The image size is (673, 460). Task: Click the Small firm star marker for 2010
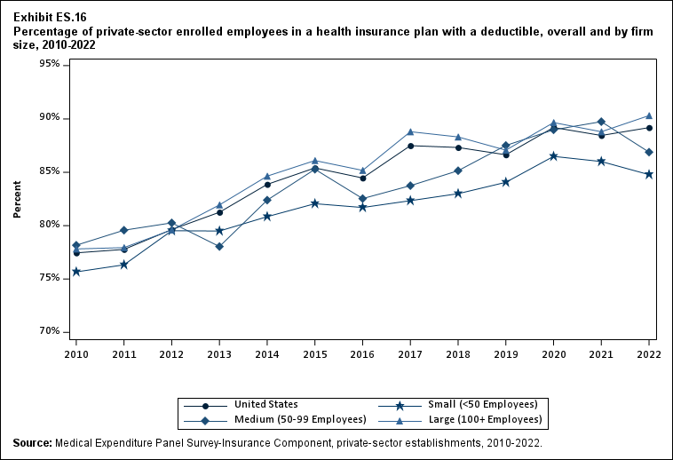76,272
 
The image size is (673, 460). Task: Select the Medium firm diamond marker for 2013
219,246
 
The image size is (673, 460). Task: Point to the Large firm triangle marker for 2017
410,131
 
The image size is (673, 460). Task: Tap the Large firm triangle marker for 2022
649,115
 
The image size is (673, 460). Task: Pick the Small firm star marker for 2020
554,156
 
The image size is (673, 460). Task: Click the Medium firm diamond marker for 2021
601,122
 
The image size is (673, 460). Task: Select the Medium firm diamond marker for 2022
649,152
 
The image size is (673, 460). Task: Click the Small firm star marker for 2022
649,174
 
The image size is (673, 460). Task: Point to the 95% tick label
49,64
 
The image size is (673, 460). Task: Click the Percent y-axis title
17,198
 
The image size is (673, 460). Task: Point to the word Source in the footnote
33,442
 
